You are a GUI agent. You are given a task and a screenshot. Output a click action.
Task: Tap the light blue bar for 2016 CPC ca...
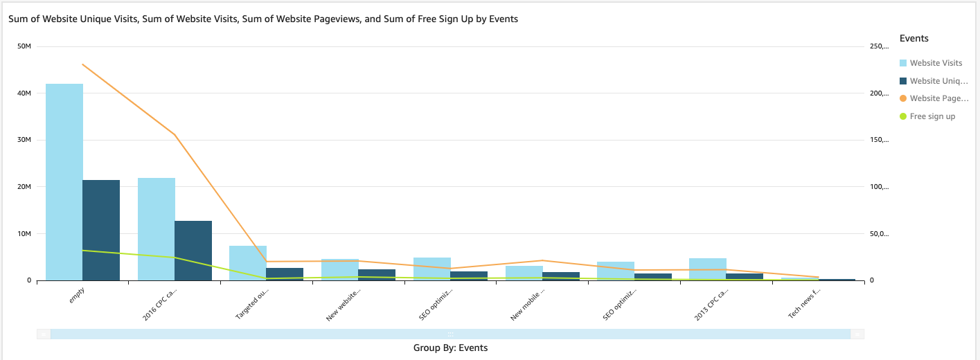(x=157, y=229)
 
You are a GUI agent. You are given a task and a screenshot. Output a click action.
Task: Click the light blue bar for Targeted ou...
(x=248, y=263)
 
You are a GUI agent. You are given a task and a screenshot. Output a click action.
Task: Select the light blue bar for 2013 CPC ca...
(x=707, y=269)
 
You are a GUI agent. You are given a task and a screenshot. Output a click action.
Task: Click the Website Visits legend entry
(x=936, y=63)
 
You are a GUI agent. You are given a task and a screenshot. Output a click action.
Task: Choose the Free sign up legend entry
(x=932, y=116)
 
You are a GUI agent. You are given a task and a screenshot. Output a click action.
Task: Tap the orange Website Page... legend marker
(x=903, y=98)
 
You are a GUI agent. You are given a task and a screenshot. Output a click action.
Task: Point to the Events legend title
(x=914, y=38)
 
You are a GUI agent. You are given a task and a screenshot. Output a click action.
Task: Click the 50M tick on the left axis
(x=24, y=46)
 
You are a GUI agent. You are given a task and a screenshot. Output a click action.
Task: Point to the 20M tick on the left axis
(x=24, y=187)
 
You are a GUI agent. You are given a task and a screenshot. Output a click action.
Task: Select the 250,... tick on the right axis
(x=879, y=46)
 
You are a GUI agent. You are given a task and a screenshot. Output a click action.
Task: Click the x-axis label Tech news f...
(x=804, y=305)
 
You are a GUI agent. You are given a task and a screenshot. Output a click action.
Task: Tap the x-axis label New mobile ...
(x=528, y=305)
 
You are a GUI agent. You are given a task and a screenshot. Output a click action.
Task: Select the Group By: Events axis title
(x=450, y=348)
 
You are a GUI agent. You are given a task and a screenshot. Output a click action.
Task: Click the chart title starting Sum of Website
(x=263, y=19)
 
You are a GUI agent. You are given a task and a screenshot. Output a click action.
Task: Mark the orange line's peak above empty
(x=82, y=64)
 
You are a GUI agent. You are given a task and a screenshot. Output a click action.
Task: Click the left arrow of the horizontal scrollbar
(x=44, y=334)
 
